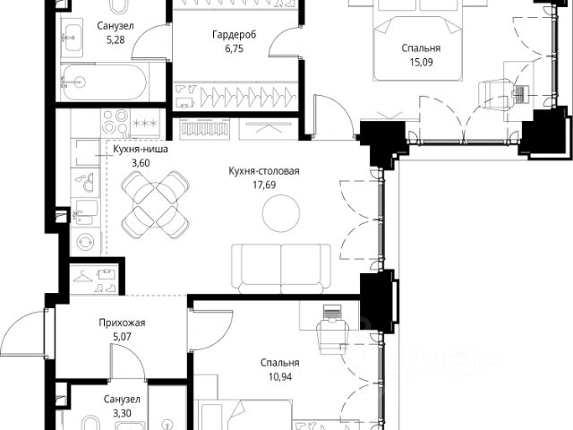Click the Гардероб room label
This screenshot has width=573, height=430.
235,35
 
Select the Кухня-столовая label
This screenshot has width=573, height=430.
264,171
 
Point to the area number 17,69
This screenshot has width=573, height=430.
264,185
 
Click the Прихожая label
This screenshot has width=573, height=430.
122,322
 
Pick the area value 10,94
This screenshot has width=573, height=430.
280,376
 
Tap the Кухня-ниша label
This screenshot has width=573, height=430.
141,150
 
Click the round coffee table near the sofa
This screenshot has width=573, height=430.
281,213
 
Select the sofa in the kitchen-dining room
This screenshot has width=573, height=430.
281,269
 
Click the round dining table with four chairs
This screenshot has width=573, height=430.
155,204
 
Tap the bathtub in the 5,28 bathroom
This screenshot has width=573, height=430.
104,82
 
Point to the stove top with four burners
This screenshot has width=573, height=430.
115,123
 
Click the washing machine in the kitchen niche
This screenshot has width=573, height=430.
86,241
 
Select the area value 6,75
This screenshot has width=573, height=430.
235,48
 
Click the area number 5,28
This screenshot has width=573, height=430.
115,39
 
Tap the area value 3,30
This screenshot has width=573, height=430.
122,414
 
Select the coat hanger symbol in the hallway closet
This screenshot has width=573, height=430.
83,276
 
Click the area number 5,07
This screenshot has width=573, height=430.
122,337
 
